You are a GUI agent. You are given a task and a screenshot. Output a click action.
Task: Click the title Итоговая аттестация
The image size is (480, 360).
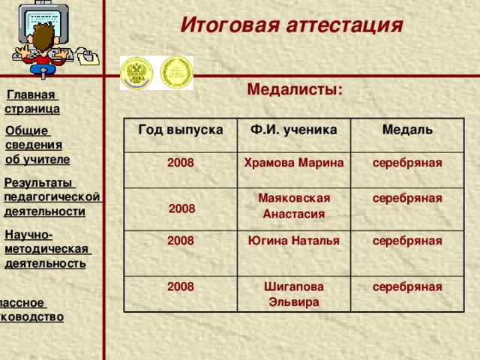(x=292, y=25)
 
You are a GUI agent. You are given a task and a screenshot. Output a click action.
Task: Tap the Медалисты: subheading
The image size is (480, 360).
(x=295, y=90)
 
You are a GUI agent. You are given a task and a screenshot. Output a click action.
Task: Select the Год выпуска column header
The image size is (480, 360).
(x=181, y=129)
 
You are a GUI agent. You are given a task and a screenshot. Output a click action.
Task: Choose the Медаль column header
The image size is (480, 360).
(x=406, y=130)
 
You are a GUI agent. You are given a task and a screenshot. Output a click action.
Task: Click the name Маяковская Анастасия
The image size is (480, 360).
(x=293, y=205)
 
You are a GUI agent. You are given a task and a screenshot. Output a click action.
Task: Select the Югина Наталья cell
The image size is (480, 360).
(x=293, y=241)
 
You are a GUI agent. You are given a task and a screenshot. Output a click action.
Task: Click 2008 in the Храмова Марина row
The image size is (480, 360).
(x=181, y=163)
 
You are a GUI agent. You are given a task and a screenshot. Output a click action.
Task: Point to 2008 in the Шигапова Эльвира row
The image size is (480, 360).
(x=181, y=286)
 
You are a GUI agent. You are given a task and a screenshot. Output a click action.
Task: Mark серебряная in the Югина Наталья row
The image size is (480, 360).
(x=406, y=241)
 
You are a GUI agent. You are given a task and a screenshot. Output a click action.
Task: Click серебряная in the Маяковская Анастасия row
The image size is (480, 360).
(x=406, y=198)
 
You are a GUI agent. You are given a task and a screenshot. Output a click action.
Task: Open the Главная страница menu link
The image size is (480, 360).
(x=32, y=102)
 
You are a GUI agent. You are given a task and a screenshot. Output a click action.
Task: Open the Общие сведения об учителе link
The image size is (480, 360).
(x=37, y=145)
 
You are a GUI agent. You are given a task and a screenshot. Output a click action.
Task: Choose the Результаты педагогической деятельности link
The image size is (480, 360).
(x=52, y=196)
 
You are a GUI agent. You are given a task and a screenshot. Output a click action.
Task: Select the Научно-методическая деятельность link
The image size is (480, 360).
(x=46, y=249)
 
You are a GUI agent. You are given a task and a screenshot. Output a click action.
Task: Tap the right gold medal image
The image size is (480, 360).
(x=177, y=73)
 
